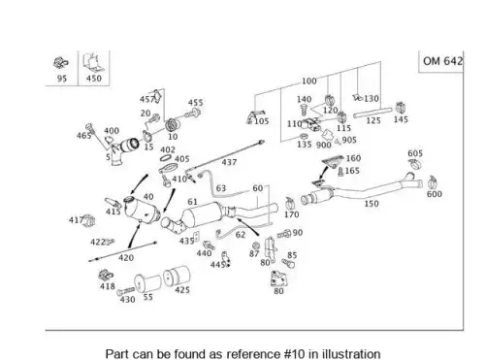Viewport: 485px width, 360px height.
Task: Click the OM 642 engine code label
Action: coord(442,61)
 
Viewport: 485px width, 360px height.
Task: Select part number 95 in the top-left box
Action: coord(62,79)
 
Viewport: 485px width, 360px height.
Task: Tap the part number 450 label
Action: coord(94,79)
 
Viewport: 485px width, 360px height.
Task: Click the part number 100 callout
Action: coord(309,81)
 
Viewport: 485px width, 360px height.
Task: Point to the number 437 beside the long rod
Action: coord(229,162)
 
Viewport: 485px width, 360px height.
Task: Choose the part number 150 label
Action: coord(372,204)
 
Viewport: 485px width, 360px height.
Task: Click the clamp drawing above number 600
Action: coord(432,182)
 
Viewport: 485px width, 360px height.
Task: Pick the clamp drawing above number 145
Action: coord(401,108)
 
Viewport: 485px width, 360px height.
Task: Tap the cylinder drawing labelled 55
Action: coord(147,283)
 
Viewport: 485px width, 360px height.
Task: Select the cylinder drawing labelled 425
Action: coord(177,276)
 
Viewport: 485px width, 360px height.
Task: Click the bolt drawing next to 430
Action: coord(126,291)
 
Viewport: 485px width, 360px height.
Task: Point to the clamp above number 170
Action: coord(291,203)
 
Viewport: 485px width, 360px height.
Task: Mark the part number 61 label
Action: coord(192,202)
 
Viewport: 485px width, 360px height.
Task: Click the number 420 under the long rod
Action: coord(126,258)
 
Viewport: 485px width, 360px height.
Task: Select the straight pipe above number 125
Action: coord(372,113)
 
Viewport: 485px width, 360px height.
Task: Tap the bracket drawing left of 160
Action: coord(333,161)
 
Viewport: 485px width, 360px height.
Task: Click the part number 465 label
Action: coord(83,136)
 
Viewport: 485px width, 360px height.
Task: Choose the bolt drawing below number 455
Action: coord(194,114)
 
